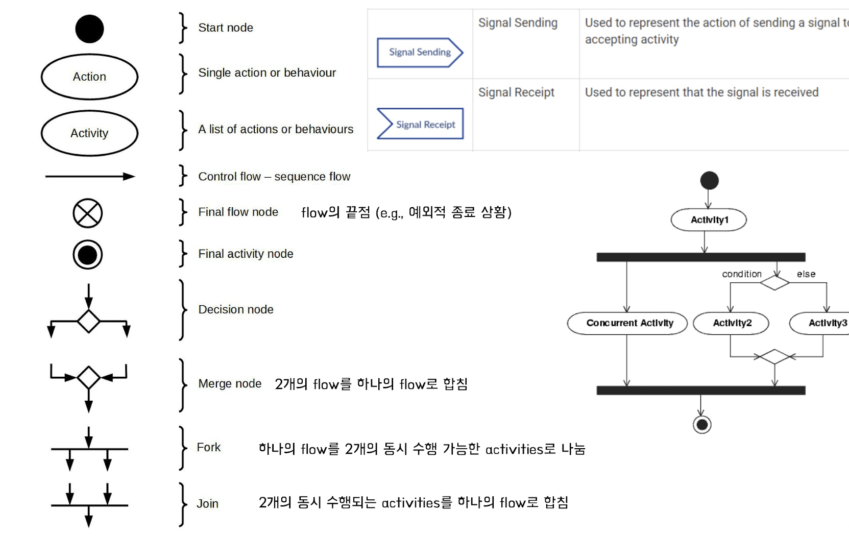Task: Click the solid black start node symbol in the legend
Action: coord(89,29)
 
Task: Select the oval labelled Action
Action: coord(89,77)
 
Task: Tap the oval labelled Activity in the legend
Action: coord(89,133)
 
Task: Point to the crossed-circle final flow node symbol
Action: coord(88,213)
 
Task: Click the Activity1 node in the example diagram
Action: coord(709,220)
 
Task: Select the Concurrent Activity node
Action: coord(627,323)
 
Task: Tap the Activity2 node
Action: coord(731,323)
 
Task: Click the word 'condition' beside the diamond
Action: coord(741,274)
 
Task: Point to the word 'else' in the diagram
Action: coord(806,274)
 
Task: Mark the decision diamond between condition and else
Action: coord(774,282)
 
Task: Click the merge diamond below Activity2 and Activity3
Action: coord(774,356)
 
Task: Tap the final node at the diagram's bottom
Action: coord(702,424)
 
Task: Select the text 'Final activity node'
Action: coord(246,254)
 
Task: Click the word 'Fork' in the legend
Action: coord(209,447)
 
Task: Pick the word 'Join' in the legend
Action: coord(207,504)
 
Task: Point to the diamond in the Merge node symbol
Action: coord(88,378)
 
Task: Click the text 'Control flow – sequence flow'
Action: coord(274,177)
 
